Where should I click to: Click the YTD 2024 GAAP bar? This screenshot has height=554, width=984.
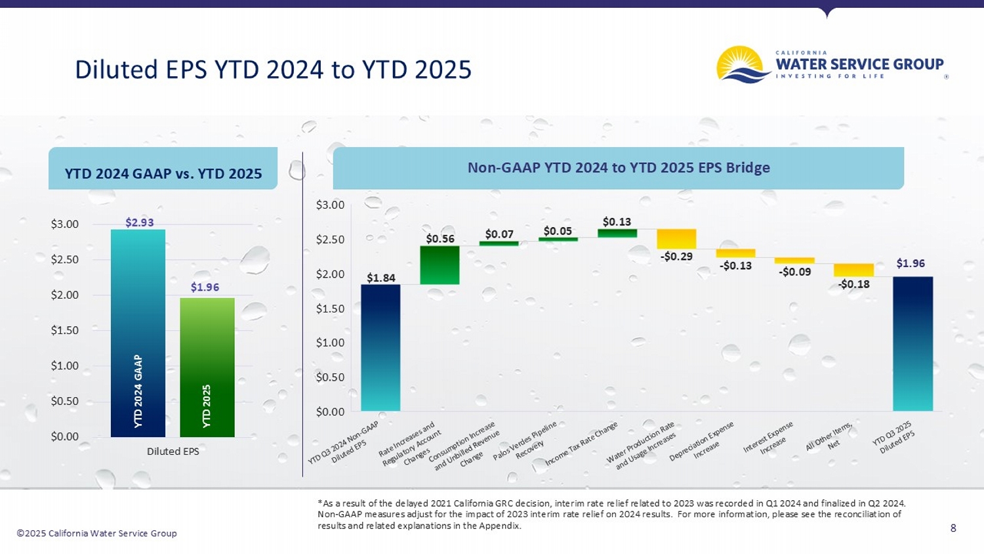point(138,333)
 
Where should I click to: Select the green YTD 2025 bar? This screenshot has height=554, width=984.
point(207,367)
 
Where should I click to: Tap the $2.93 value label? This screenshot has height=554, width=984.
point(140,223)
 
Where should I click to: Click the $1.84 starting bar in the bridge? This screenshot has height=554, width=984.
point(380,347)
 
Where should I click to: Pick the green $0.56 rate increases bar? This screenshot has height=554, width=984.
point(440,265)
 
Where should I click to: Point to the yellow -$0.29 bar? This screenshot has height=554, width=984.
point(676,239)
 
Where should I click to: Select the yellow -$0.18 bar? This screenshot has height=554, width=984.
point(853,270)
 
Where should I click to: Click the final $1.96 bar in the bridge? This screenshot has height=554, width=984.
point(912,343)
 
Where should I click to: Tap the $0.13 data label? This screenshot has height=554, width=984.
point(617,222)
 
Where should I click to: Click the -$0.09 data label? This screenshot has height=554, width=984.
point(795,272)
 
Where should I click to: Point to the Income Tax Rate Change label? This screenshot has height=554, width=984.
point(582,444)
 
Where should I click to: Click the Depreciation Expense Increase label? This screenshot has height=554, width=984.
point(702,442)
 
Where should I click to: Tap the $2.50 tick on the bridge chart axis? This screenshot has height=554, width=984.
point(330,240)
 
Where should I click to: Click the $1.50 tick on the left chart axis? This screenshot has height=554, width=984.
point(64,330)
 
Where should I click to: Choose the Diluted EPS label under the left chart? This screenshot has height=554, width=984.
point(173,451)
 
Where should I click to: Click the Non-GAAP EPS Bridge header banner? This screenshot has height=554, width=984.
point(618,168)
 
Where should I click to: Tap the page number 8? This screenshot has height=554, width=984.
point(953,528)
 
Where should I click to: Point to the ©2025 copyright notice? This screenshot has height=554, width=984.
point(96,533)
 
